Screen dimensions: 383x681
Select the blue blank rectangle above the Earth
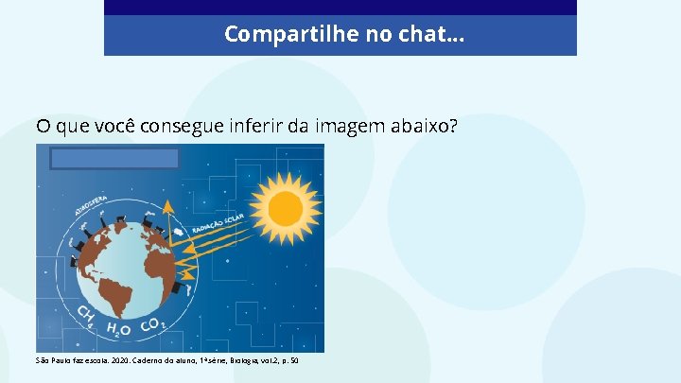(115, 158)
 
